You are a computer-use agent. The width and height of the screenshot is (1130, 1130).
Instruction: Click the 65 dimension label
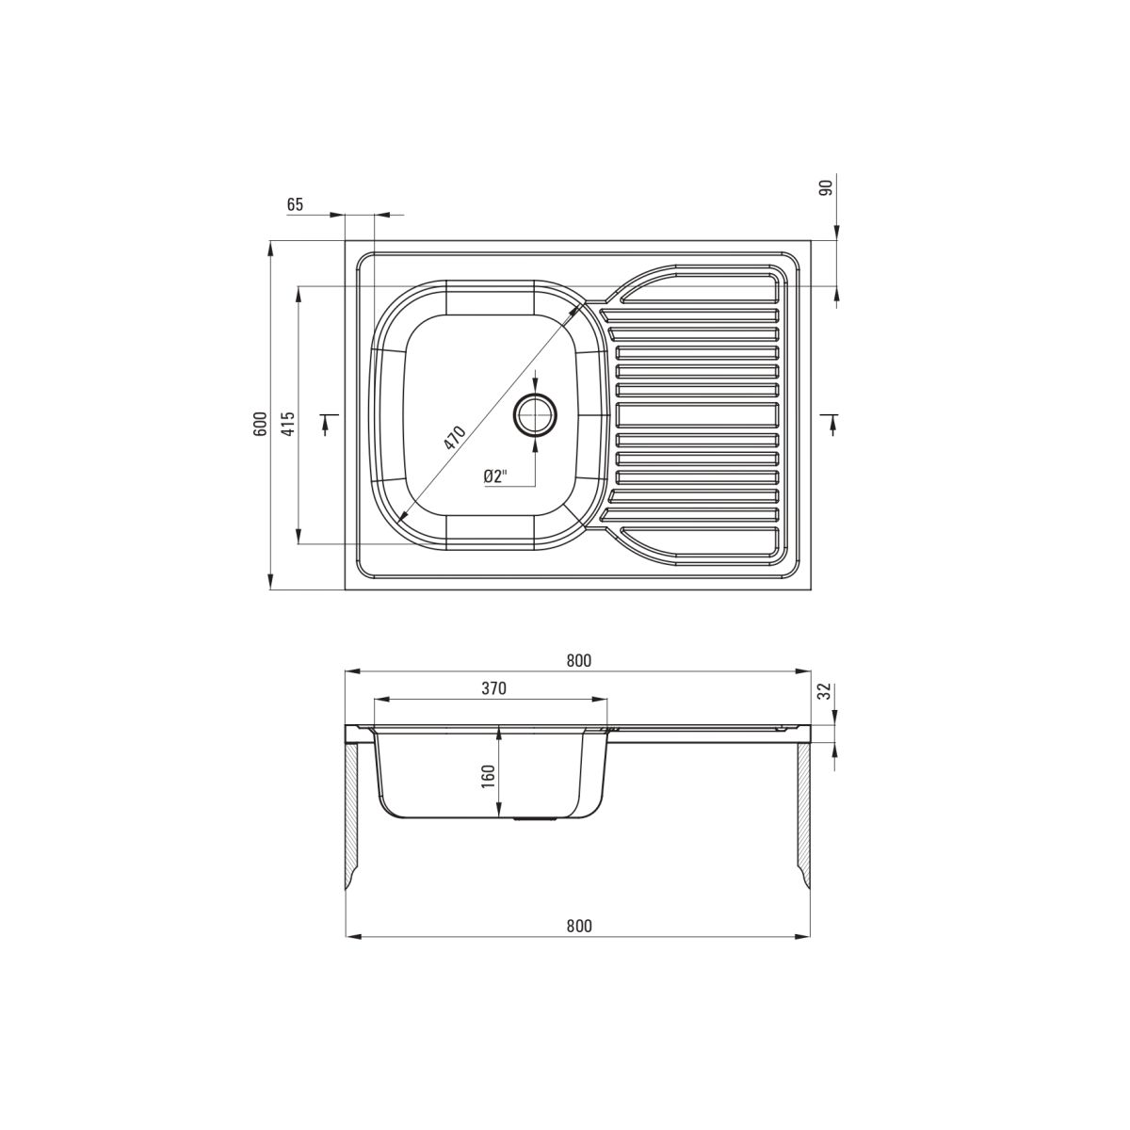tap(295, 204)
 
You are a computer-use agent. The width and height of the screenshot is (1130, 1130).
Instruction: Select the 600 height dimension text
tap(260, 424)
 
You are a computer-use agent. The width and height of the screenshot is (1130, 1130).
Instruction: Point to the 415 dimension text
tap(288, 424)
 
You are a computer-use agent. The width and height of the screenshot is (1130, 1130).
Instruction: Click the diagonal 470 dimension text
tap(454, 438)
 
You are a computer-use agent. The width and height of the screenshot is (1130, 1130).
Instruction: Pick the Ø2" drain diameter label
tap(495, 476)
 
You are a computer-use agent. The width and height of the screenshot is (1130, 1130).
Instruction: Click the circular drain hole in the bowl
tap(534, 415)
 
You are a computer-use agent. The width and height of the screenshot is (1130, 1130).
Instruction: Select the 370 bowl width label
tap(493, 688)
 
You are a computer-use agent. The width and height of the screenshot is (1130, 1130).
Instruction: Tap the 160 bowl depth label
tap(489, 776)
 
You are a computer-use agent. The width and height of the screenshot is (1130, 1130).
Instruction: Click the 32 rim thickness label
tap(826, 692)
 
